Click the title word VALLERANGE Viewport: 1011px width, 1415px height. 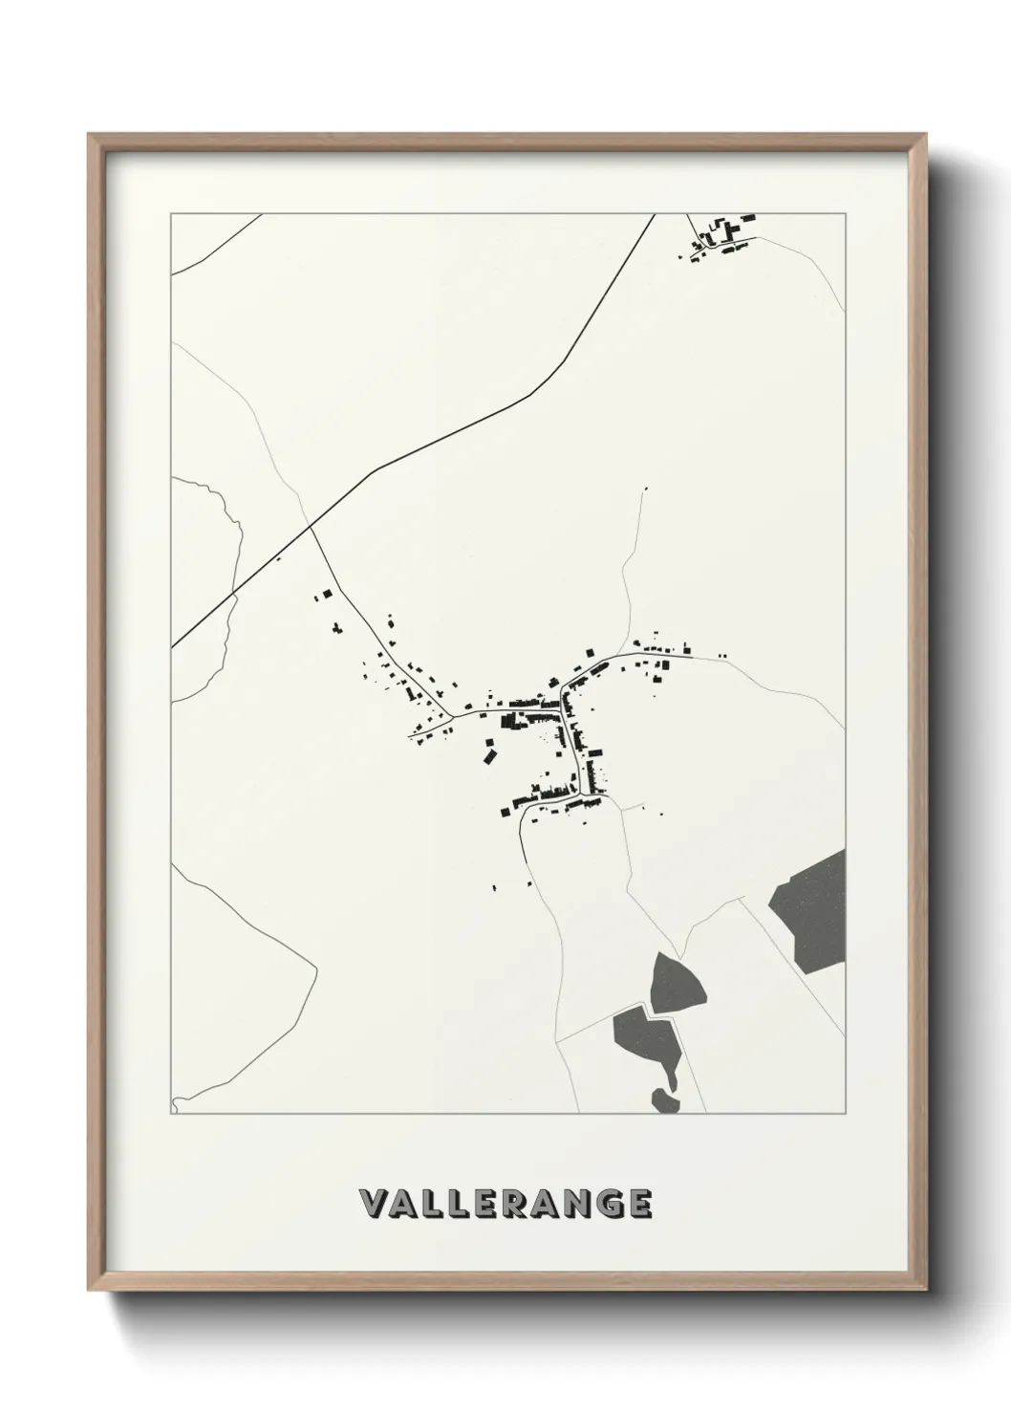pyautogui.click(x=505, y=1204)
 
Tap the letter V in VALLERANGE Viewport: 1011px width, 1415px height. pyautogui.click(x=372, y=1204)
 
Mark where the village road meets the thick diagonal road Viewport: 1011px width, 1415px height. pyautogui.click(x=311, y=526)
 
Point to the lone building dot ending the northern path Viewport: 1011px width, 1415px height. pyautogui.click(x=646, y=490)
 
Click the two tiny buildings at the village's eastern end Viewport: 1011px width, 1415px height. pyautogui.click(x=721, y=656)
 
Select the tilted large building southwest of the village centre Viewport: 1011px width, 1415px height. pyautogui.click(x=489, y=755)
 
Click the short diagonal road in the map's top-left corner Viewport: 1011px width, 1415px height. pyautogui.click(x=215, y=245)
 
